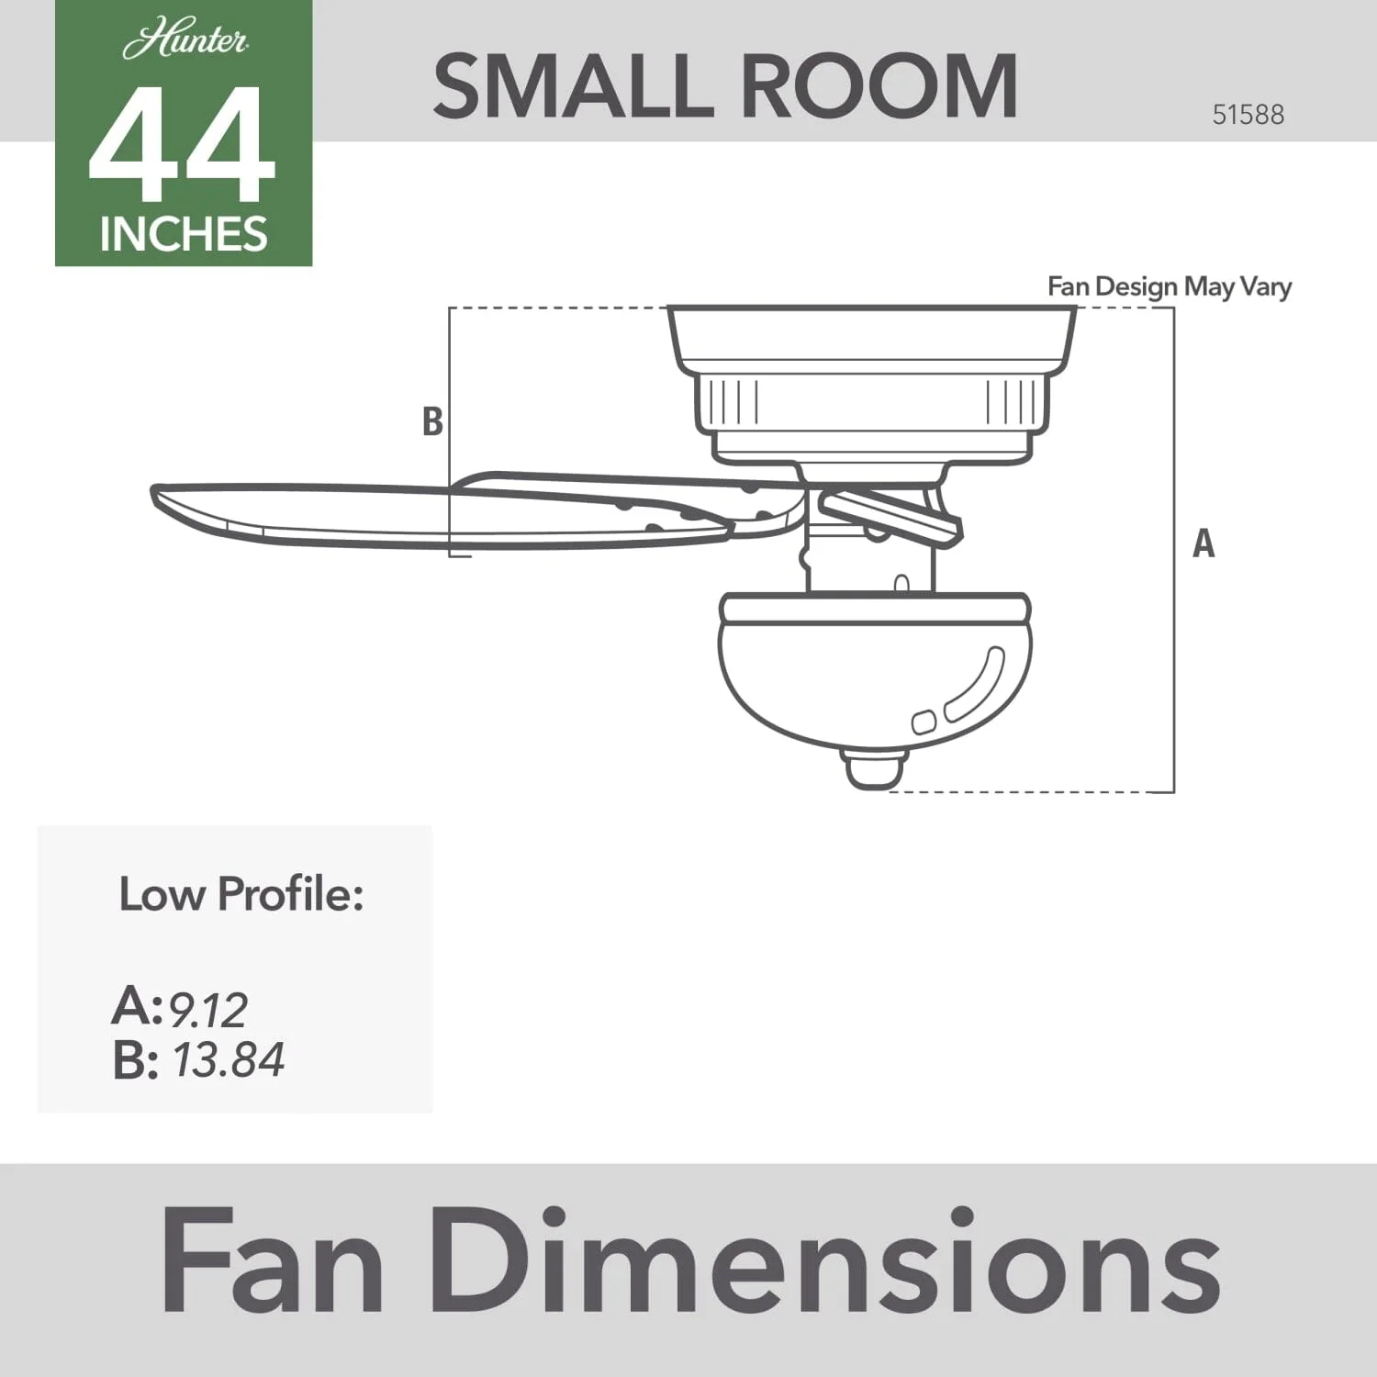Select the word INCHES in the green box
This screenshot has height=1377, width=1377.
[184, 235]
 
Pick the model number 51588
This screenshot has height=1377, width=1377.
[1248, 115]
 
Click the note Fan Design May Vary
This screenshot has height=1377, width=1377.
[1169, 286]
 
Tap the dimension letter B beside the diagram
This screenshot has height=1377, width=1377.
[432, 421]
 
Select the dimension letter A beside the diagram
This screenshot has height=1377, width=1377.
[1203, 543]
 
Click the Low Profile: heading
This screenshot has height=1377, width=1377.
[241, 894]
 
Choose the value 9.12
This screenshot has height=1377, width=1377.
[207, 1011]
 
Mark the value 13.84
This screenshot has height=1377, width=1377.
[229, 1060]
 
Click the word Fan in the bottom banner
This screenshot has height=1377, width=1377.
[273, 1262]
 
